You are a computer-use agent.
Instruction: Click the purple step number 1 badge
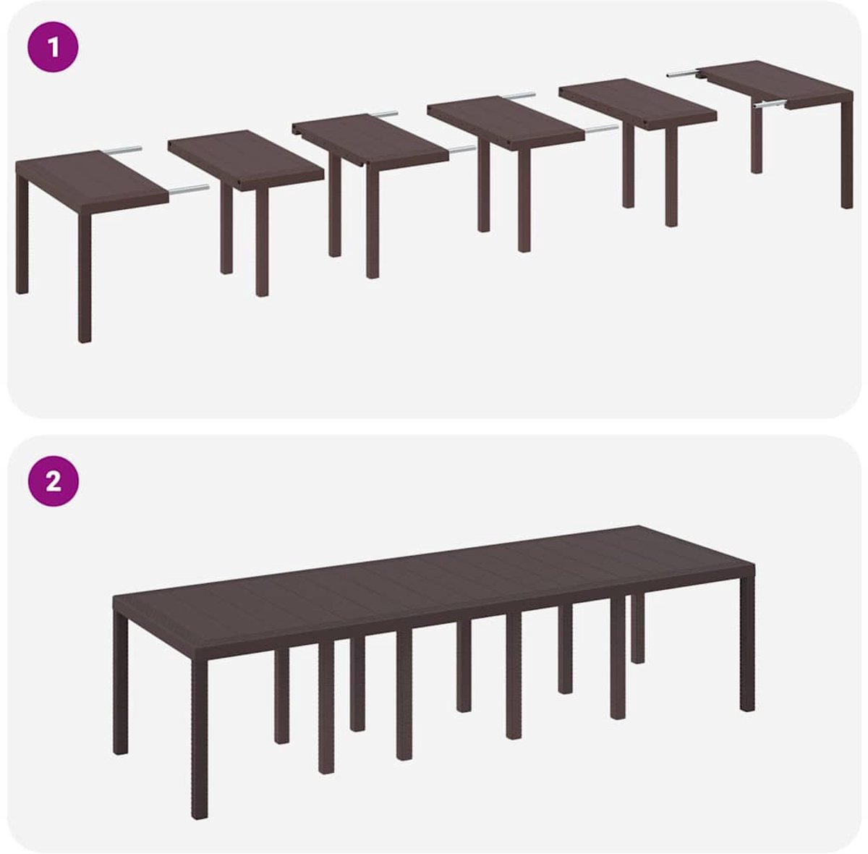pos(53,47)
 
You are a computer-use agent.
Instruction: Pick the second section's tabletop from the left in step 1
pos(246,161)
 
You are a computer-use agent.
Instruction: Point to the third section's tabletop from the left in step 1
pos(370,140)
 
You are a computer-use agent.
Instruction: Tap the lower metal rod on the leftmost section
pos(190,189)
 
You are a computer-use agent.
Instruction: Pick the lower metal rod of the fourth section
pos(601,130)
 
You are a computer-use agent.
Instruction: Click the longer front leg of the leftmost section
pos(85,277)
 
